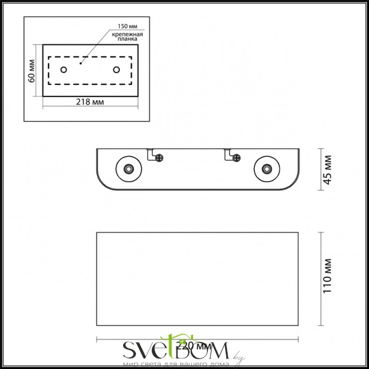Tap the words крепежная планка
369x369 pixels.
coord(128,39)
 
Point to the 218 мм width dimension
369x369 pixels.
coord(90,101)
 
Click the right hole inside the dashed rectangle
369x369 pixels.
coord(116,69)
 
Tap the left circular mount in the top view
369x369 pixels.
coord(129,169)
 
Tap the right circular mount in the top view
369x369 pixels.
coord(266,169)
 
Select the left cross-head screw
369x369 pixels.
coord(160,157)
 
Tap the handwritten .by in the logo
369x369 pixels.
coord(239,354)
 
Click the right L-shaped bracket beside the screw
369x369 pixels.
coord(228,154)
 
